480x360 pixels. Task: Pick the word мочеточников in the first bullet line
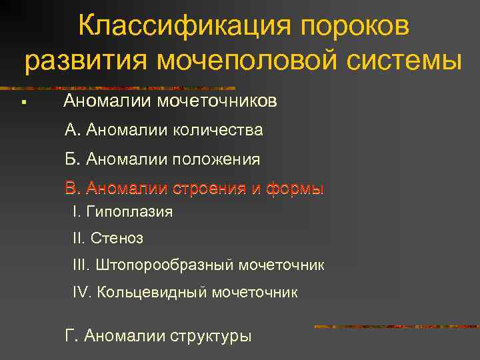[217, 101]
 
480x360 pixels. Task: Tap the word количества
[218, 131]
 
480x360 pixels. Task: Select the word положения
[217, 160]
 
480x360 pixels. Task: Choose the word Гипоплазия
[129, 212]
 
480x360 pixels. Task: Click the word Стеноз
[117, 238]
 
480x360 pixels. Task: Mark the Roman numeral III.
[80, 265]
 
